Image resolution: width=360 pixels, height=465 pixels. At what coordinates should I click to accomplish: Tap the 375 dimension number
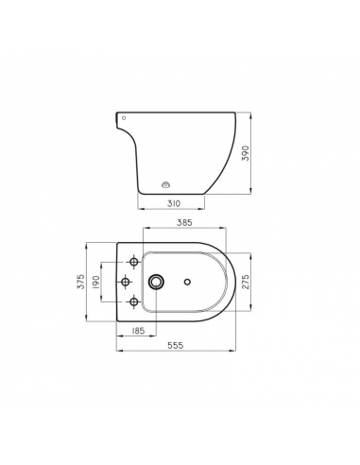pos(82,282)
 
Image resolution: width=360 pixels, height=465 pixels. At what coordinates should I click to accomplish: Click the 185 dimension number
pos(137,332)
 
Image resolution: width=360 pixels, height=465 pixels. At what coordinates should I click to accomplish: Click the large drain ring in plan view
pos(154,282)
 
